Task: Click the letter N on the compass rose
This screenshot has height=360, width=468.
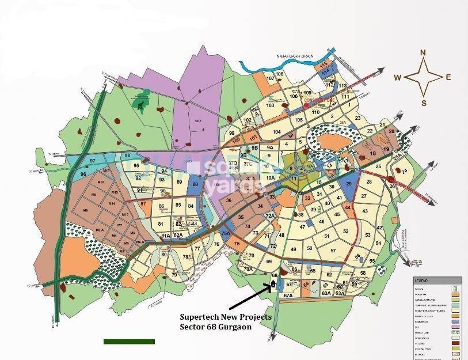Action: click(423, 53)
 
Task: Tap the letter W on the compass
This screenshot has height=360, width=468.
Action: click(398, 78)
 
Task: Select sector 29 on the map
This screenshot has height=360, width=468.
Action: click(348, 183)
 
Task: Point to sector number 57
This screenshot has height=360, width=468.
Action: click(333, 251)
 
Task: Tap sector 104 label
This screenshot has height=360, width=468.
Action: click(277, 132)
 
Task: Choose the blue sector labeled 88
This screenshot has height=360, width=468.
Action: click(196, 185)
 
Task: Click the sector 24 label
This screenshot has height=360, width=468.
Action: click(404, 172)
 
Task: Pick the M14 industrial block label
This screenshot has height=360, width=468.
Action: click(111, 204)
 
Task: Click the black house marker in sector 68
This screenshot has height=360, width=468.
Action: click(273, 285)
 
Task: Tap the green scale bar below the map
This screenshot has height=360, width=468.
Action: click(130, 342)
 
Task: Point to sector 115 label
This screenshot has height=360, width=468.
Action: click(325, 63)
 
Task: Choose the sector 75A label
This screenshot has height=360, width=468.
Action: click(226, 233)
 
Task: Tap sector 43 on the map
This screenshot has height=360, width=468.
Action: click(365, 211)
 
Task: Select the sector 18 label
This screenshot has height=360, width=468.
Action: click(372, 154)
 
